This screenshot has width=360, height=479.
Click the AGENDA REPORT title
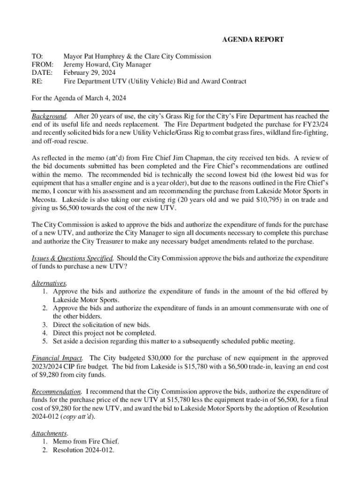tap(252, 40)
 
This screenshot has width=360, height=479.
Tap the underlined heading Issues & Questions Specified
tap(72, 258)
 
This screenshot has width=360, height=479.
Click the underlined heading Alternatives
tap(49, 283)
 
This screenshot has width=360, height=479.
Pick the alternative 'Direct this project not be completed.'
tap(104, 333)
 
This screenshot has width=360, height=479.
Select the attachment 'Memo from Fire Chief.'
tap(86, 441)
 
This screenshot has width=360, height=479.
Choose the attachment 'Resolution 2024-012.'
tap(84, 450)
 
